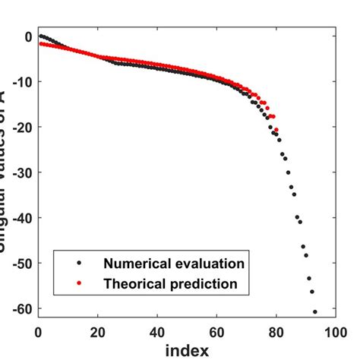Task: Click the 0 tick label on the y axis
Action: (x=27, y=36)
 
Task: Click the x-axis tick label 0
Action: (x=38, y=331)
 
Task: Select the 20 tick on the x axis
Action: (x=97, y=331)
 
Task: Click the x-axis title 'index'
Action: (x=187, y=350)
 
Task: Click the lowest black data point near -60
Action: (x=314, y=311)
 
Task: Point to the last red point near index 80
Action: (x=276, y=130)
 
